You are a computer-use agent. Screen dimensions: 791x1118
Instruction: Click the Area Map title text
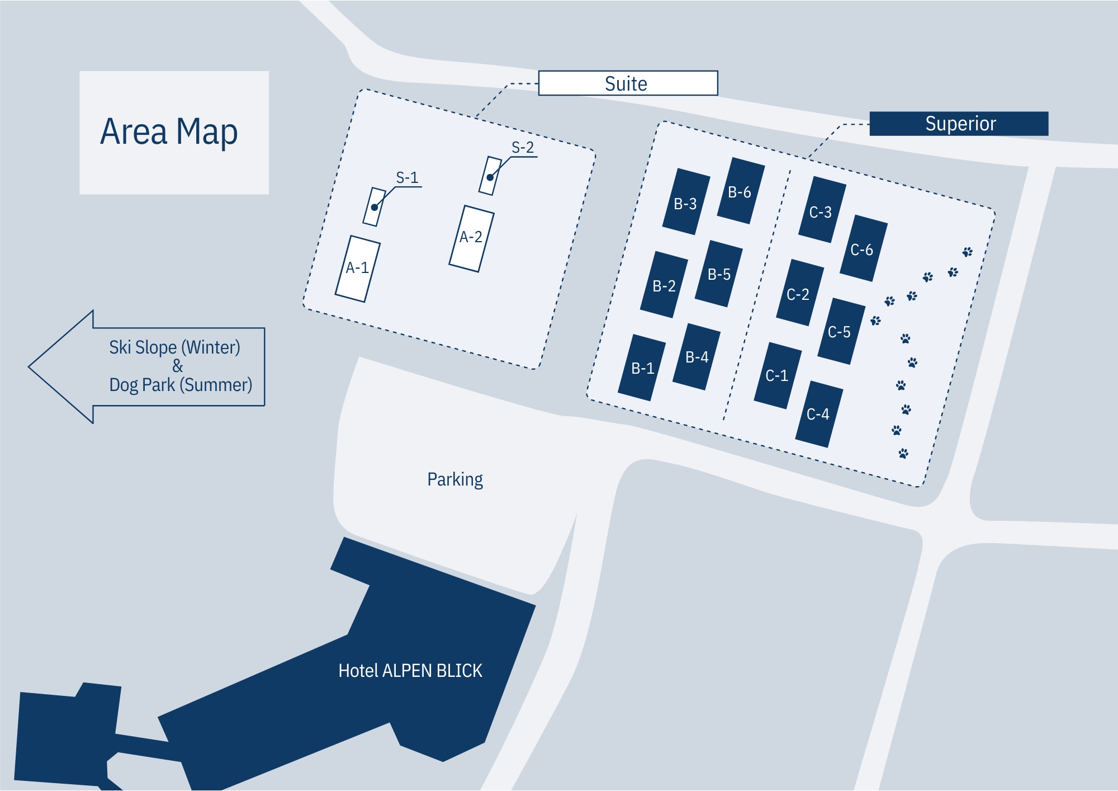169,132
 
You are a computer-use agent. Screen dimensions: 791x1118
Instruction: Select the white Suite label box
627,83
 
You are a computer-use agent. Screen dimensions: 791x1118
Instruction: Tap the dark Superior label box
959,124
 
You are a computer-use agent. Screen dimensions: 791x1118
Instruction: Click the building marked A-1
358,269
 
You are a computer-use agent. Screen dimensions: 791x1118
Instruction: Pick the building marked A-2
471,239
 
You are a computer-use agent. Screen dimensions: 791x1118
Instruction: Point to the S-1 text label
407,178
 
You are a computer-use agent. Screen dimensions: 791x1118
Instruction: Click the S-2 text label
523,148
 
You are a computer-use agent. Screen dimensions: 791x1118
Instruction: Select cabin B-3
686,202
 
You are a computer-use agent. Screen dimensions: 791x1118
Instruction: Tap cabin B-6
740,191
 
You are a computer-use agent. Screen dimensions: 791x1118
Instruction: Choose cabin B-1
642,368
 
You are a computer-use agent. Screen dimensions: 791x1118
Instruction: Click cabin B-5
719,274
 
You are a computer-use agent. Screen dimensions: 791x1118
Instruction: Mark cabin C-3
821,210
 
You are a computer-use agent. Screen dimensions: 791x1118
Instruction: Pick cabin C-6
863,248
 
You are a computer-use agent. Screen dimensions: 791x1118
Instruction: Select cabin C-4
818,414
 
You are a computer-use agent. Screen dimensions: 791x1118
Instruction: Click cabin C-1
777,375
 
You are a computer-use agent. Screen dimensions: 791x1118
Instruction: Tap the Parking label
455,480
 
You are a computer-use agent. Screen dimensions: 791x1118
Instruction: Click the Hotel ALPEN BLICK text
410,671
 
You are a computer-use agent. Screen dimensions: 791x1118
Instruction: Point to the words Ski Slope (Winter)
174,347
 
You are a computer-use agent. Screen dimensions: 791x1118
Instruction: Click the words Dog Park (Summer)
181,385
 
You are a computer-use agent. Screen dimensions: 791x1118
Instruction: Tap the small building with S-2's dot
490,176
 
